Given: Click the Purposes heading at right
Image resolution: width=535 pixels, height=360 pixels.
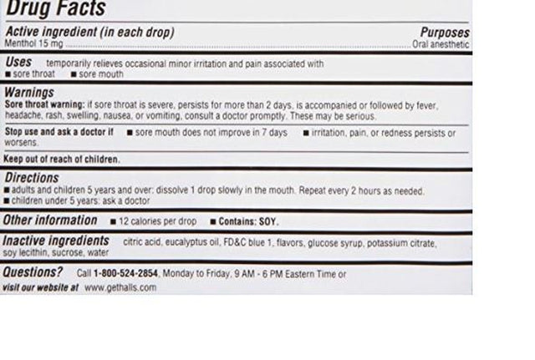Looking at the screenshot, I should click(445, 33).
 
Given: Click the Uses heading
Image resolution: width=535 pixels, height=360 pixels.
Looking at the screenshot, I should click(18, 62).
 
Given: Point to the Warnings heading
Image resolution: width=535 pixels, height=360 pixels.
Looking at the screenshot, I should click(29, 92).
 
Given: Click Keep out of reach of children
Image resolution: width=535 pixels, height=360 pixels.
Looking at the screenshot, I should click(62, 159).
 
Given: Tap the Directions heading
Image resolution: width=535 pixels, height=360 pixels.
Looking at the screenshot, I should click(32, 178).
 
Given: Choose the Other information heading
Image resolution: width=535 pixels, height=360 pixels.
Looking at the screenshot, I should click(50, 221).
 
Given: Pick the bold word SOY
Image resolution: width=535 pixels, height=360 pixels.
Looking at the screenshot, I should click(267, 222).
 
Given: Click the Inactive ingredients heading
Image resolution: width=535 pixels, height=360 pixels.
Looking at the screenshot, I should click(56, 241).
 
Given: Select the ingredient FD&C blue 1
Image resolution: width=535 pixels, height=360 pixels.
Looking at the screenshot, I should click(249, 242).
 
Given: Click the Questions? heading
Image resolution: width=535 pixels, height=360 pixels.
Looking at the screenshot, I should click(33, 272).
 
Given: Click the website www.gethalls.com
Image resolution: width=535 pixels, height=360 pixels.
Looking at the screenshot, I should click(120, 287).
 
